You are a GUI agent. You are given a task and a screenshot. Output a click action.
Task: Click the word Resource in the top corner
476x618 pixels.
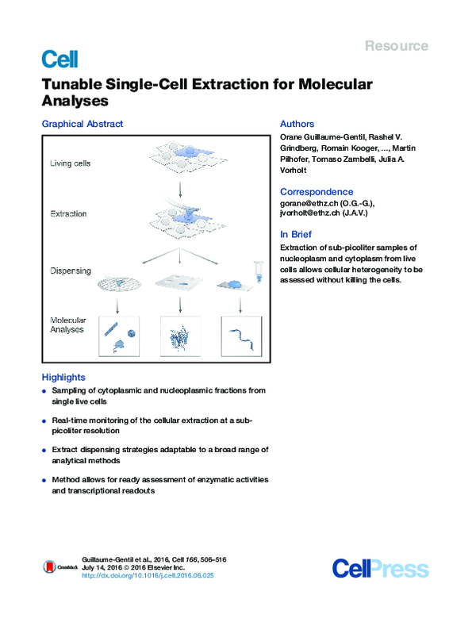tap(396, 46)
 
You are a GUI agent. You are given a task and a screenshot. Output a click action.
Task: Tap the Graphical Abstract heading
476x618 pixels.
tap(83, 124)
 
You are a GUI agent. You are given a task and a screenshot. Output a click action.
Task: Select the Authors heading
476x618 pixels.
tap(297, 124)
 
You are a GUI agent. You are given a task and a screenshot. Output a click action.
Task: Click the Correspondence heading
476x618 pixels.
tap(317, 192)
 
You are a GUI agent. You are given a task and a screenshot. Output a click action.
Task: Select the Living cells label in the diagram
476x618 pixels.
tap(71, 164)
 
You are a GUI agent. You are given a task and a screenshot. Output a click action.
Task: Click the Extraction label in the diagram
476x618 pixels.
tap(69, 214)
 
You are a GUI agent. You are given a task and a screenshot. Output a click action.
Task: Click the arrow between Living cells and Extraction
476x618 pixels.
tap(182, 189)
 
